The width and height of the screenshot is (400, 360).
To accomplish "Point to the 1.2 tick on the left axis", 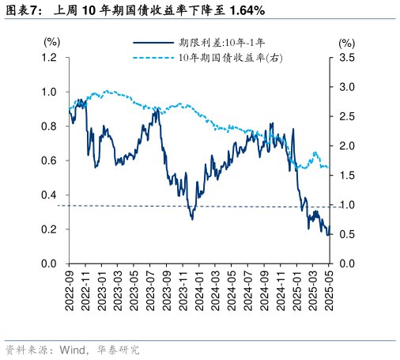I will pos(49,58).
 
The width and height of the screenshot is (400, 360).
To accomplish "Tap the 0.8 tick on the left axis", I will pos(49,127).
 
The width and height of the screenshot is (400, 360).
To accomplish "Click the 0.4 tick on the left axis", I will pos(49,195).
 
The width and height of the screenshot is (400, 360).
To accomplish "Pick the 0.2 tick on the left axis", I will pos(49,229).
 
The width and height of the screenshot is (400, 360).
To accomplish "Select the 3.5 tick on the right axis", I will pos(346,58).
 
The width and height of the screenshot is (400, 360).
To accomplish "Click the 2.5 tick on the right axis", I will pos(346,116).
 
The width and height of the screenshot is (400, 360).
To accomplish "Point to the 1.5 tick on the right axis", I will pos(346,176).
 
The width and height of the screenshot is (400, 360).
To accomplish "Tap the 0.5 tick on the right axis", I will pos(346,234).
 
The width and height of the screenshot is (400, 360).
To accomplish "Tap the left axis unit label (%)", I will pos(51,42).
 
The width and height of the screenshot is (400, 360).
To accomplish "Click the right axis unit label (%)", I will pos(346,42).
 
